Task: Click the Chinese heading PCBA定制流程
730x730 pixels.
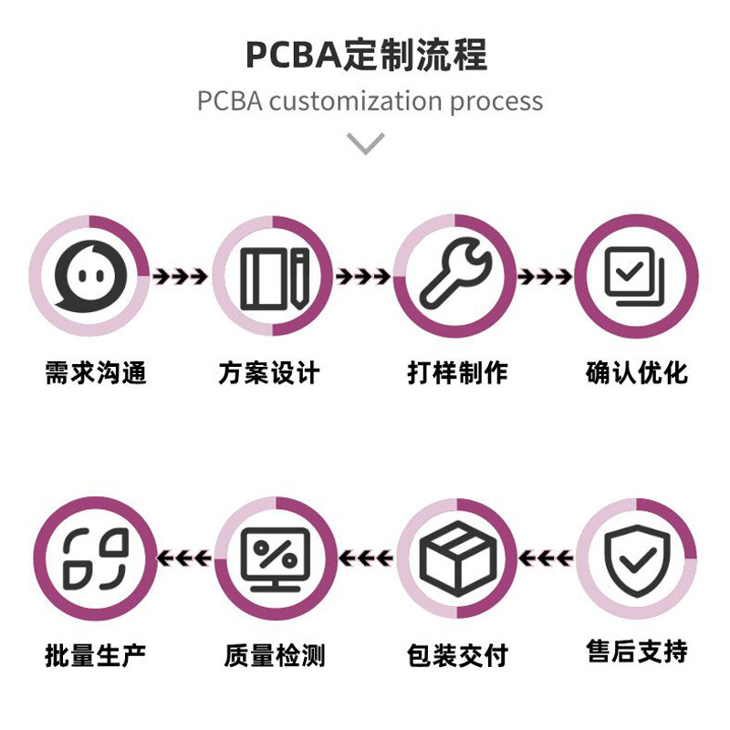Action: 366,55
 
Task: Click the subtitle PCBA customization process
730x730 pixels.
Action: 370,100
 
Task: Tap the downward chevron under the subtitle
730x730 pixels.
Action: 366,143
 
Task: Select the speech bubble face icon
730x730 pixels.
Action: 89,276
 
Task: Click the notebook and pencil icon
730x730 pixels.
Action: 273,276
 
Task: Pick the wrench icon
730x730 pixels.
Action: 455,276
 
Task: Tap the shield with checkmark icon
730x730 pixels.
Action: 638,558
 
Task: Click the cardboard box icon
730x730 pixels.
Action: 457,558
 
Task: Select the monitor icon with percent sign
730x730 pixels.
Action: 274,558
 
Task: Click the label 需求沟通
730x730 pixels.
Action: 95,373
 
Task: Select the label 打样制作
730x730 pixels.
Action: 457,373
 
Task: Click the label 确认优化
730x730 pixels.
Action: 636,373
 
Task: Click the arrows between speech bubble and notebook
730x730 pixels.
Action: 180,276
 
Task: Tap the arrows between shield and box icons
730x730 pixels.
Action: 547,558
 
